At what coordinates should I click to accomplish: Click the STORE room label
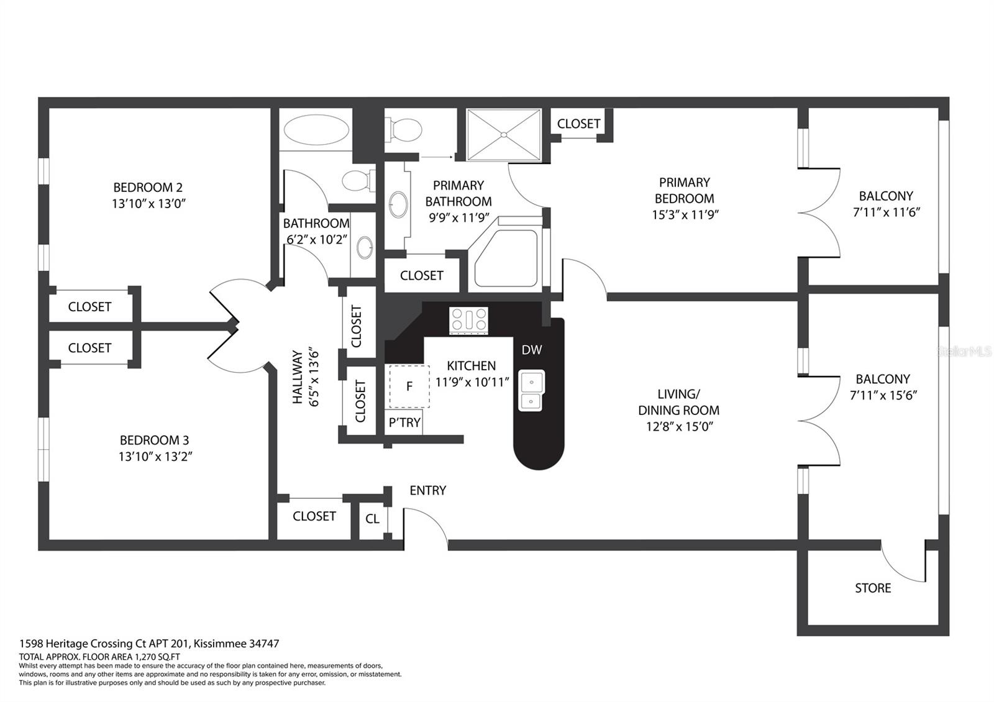(x=873, y=588)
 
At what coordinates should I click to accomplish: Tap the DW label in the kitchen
(x=532, y=350)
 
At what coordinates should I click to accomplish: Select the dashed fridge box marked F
(x=409, y=386)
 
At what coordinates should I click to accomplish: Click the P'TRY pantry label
(x=404, y=422)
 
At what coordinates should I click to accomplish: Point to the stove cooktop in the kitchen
(x=468, y=320)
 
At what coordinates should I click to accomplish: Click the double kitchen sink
(x=531, y=390)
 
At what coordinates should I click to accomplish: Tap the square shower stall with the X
(x=504, y=134)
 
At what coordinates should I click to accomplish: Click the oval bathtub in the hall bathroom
(x=316, y=130)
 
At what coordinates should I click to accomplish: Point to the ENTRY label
(x=428, y=490)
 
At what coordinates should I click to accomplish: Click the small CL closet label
(x=372, y=519)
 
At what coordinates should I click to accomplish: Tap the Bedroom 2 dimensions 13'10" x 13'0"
(x=148, y=204)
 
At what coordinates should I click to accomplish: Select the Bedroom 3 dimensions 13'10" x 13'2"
(x=155, y=457)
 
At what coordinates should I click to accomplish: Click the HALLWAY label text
(x=297, y=377)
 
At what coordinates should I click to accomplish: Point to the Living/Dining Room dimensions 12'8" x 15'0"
(x=679, y=426)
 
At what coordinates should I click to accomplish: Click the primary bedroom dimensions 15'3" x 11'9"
(x=685, y=215)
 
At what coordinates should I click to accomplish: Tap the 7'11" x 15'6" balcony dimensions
(x=883, y=395)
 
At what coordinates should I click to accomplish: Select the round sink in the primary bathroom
(x=398, y=204)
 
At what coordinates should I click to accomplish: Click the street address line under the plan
(x=149, y=644)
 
